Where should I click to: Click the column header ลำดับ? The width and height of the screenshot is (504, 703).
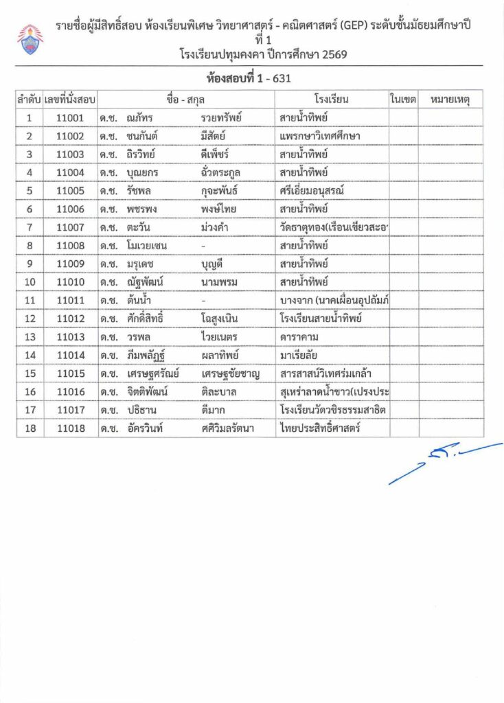pos(28,100)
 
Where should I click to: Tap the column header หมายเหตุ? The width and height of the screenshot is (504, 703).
pos(450,100)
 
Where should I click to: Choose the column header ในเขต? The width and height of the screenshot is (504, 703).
pos(403,100)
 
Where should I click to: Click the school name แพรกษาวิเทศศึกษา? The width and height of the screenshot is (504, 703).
pos(320,136)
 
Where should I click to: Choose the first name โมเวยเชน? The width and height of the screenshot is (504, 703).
pos(148,245)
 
